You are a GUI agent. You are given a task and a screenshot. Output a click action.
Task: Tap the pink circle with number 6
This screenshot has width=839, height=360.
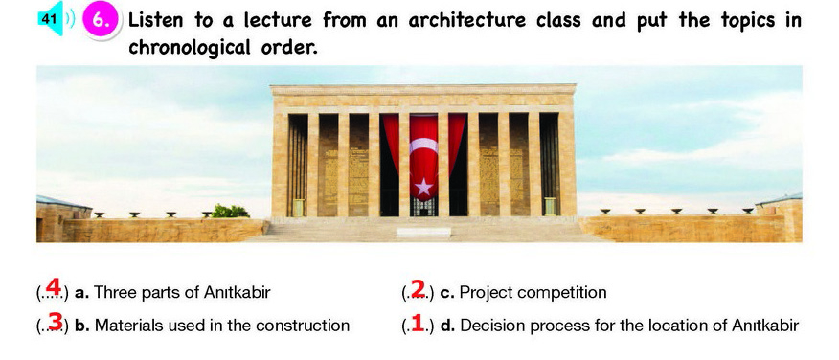[x=101, y=21]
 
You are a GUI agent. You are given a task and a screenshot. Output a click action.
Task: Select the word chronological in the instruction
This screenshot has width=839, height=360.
[x=190, y=47]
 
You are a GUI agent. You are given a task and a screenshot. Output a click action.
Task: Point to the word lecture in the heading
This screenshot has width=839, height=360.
[x=278, y=20]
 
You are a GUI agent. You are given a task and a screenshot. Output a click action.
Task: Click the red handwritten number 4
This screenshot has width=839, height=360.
[x=53, y=287]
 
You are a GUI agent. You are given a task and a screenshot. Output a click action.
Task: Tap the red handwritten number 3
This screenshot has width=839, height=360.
[x=56, y=322]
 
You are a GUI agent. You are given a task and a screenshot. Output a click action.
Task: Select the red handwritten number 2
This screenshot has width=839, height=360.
[x=418, y=288]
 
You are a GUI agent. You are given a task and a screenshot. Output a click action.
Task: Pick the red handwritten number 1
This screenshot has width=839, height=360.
[x=418, y=323]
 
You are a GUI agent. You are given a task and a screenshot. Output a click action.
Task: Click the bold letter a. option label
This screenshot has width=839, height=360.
[x=81, y=293]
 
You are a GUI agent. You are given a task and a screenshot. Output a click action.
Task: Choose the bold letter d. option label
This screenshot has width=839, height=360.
[x=447, y=326]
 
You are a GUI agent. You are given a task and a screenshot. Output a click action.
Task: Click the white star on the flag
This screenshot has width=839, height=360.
[x=423, y=187]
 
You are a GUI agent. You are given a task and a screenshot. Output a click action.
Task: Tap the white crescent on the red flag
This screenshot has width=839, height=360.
[x=423, y=146]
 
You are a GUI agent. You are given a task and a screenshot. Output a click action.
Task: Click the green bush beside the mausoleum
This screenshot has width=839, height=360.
[x=230, y=212]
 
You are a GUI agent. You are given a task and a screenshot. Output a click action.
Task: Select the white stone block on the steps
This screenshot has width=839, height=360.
[x=423, y=233]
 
